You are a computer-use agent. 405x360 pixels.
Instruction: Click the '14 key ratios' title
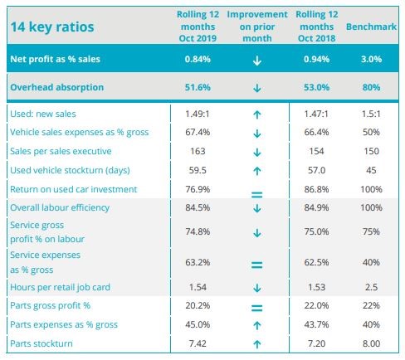point(52,27)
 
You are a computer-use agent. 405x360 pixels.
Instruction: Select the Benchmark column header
point(371,27)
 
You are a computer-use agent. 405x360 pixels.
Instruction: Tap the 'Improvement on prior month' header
point(257,27)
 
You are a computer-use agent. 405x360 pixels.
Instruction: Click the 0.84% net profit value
point(198,59)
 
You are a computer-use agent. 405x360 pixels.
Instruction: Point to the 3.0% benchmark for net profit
point(371,59)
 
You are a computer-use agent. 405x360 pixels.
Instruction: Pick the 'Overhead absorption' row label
point(57,87)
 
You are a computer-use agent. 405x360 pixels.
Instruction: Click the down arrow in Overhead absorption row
point(257,88)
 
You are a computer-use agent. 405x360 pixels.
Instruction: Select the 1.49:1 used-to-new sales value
point(198,114)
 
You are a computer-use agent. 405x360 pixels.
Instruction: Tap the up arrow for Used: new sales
point(257,114)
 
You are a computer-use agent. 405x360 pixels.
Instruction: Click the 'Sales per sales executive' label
point(61,151)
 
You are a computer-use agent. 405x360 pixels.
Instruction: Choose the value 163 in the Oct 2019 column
point(198,151)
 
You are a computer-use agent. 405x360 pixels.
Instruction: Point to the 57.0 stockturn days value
point(316,170)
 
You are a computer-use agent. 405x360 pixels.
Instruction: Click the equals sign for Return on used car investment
point(256,195)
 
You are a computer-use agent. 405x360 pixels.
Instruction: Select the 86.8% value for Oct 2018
point(316,189)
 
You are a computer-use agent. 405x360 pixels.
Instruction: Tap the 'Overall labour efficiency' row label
point(60,207)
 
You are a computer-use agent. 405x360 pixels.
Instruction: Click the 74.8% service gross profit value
point(198,231)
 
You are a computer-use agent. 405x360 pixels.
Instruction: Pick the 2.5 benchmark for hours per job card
point(371,287)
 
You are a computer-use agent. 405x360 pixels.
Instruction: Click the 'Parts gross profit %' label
point(51,306)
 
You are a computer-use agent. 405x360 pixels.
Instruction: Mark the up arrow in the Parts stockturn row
point(257,344)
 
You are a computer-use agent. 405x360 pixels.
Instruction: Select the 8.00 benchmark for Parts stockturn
point(371,343)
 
